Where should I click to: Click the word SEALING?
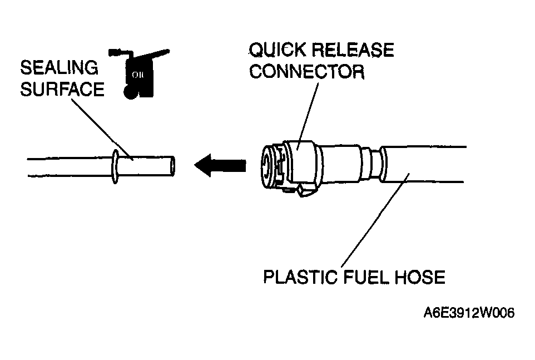pyautogui.click(x=59, y=67)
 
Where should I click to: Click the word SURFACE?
pyautogui.click(x=62, y=89)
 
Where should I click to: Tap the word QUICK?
pyautogui.click(x=278, y=50)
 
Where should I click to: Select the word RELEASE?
pyautogui.click(x=353, y=50)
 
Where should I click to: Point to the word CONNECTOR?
pyautogui.click(x=307, y=72)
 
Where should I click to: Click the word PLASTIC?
pyautogui.click(x=301, y=277)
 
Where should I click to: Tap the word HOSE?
pyautogui.click(x=420, y=277)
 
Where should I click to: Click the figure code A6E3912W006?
pyautogui.click(x=469, y=313)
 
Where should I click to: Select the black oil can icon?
pyautogui.click(x=138, y=73)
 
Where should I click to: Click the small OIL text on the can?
pyautogui.click(x=138, y=75)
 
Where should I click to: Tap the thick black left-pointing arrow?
pyautogui.click(x=220, y=165)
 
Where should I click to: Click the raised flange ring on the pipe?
pyautogui.click(x=115, y=166)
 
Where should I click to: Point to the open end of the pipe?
pyautogui.click(x=172, y=166)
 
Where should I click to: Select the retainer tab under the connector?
pyautogui.click(x=304, y=190)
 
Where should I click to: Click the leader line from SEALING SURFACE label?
pyautogui.click(x=102, y=129)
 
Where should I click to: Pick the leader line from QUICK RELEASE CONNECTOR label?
pyautogui.click(x=308, y=116)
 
